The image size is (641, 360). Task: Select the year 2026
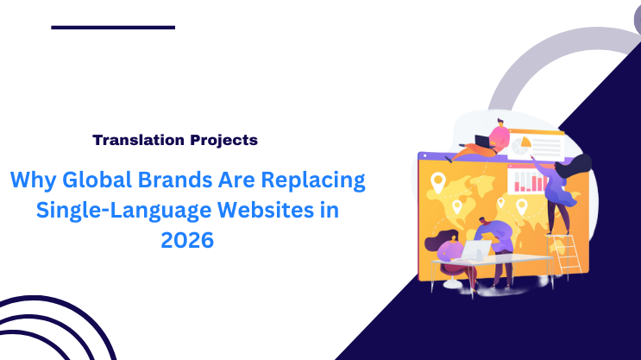(186, 241)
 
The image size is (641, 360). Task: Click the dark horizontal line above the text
(113, 28)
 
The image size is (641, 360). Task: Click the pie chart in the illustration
(521, 148)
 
